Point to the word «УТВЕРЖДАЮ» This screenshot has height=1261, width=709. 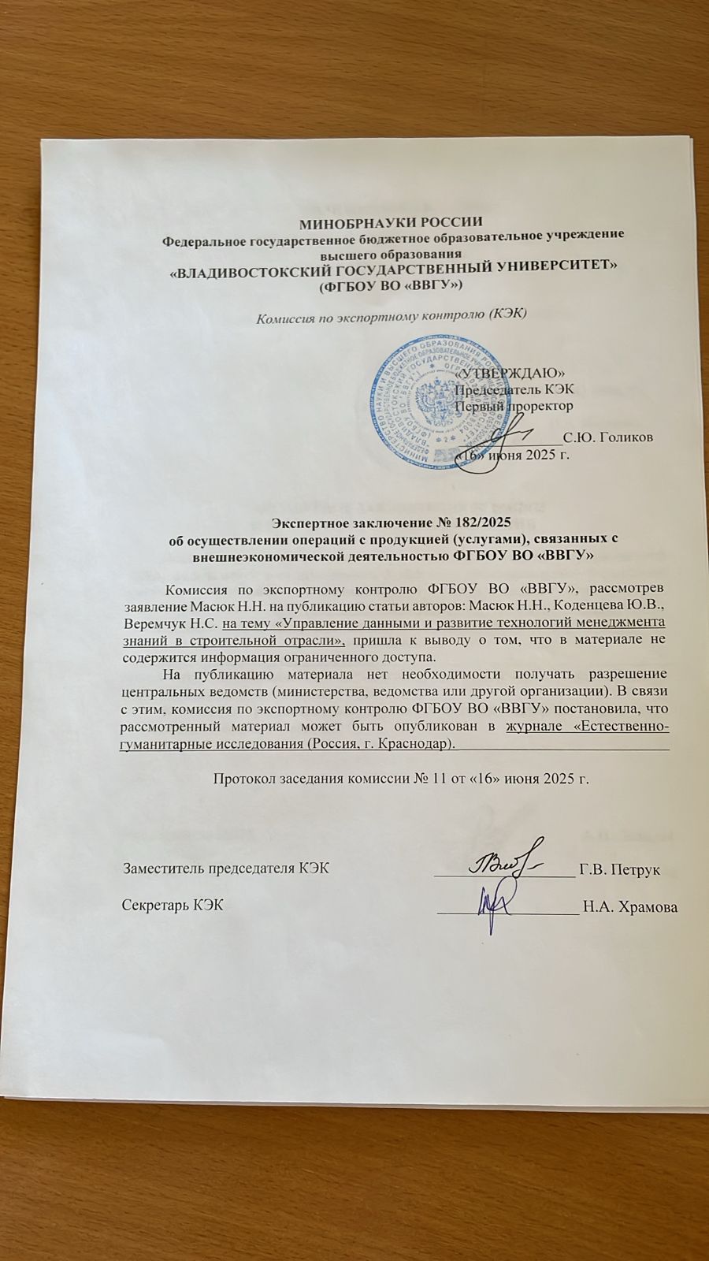[511, 372]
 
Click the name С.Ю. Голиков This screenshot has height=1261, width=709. [607, 437]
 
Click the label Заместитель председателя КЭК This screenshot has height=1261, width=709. [225, 869]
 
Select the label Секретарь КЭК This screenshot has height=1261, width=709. [172, 905]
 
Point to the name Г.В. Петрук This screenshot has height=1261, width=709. [619, 869]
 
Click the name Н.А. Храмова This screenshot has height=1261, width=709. [630, 906]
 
